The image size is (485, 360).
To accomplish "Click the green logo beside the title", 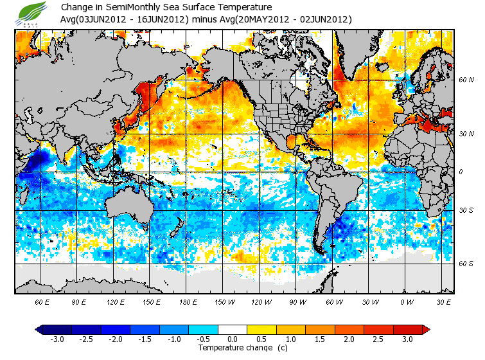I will [x=32, y=13].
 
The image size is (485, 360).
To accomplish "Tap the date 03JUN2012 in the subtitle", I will [x=103, y=19].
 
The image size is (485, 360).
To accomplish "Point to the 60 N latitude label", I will [x=466, y=80].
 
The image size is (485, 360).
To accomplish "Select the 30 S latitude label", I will [x=466, y=210].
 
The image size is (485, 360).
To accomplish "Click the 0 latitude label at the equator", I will [x=461, y=172].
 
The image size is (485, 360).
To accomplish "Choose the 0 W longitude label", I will [x=407, y=302].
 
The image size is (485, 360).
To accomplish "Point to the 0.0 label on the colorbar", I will [x=233, y=339].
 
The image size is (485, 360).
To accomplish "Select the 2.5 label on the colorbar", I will [x=378, y=339].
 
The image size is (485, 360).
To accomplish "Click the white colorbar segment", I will [x=233, y=329].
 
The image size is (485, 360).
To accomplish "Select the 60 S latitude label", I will [x=466, y=263].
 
